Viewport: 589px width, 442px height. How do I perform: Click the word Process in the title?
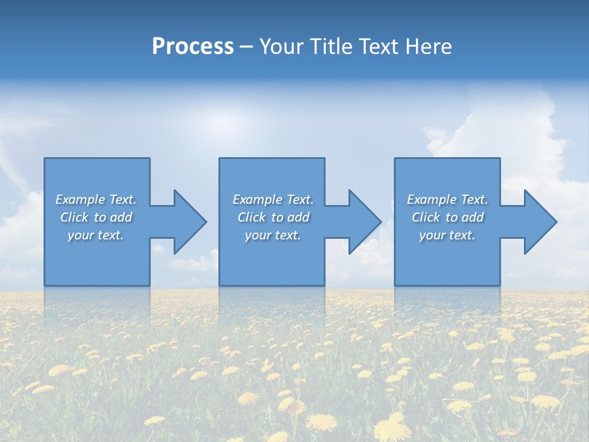193,47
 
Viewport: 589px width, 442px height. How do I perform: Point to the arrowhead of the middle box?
364,222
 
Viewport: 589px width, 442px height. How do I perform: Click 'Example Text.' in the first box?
96,200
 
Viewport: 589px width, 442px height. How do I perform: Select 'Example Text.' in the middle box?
273,200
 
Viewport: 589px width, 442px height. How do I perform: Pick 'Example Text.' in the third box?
447,200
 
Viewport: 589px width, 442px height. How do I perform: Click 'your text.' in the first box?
96,235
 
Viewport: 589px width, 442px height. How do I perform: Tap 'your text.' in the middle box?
273,235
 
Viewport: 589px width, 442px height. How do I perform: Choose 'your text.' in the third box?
447,235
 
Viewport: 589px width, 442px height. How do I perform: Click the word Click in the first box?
74,217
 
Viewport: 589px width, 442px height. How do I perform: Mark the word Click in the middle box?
252,217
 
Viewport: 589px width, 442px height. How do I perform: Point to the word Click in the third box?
426,217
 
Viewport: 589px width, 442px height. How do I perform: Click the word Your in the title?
281,47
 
